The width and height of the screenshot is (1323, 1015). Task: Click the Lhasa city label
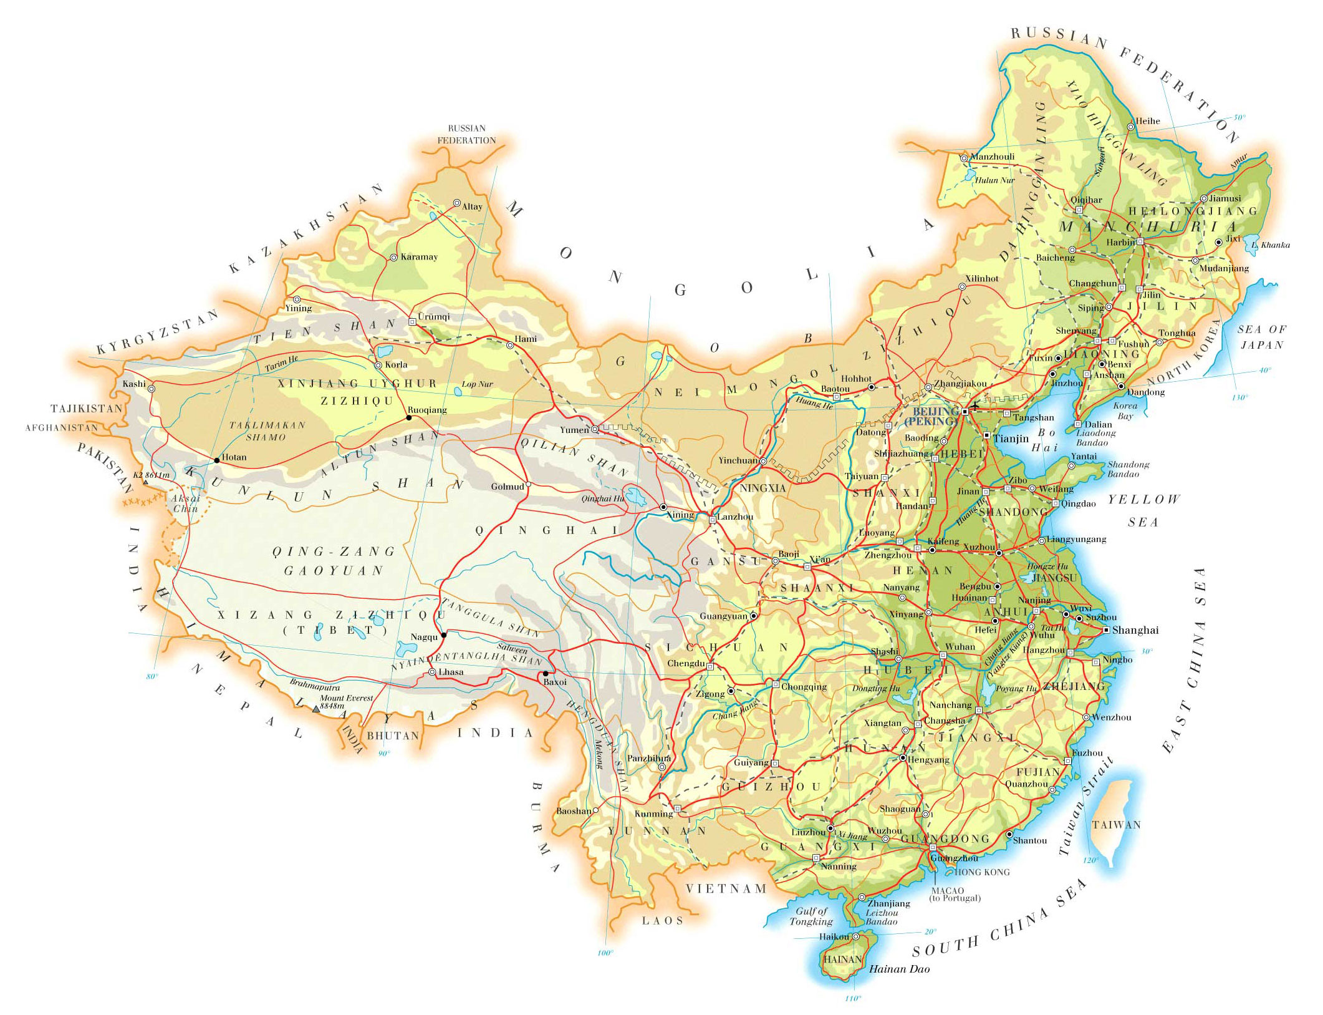point(451,672)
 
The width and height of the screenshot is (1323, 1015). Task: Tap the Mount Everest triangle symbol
point(315,708)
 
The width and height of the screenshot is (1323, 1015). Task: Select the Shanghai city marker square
point(1106,630)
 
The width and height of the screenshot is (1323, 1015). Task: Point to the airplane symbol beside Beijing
point(975,406)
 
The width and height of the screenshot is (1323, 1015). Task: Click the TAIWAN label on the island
point(1116,825)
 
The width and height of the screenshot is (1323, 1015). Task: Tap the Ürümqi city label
point(434,316)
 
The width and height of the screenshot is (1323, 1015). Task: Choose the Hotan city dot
point(216,460)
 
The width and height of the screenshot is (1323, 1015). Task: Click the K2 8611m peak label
point(151,475)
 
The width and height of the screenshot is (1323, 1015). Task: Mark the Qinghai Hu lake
point(637,497)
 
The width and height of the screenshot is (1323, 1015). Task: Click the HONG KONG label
point(982,872)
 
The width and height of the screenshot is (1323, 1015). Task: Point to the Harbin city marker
point(1140,241)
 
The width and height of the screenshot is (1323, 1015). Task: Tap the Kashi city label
point(134,384)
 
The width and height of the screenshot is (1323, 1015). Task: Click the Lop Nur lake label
point(477,384)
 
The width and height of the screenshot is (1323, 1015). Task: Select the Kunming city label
point(653,813)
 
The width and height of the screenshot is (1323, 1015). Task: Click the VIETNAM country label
point(726,888)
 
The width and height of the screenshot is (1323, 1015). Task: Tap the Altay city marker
point(456,203)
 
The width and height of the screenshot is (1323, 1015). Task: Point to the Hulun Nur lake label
point(994,180)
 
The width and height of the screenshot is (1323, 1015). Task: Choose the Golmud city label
point(507,487)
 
